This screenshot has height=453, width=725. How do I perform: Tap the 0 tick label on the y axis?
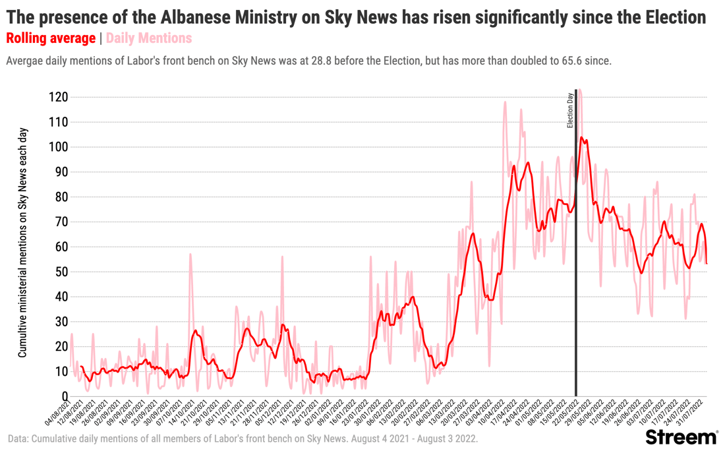(x=65, y=396)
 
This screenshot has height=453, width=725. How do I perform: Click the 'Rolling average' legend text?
(x=51, y=38)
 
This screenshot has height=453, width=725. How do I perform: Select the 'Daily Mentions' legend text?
(x=149, y=38)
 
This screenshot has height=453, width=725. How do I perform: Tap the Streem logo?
(x=681, y=437)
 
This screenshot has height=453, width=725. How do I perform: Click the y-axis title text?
(x=22, y=243)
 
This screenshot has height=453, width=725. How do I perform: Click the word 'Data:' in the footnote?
(x=18, y=438)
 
